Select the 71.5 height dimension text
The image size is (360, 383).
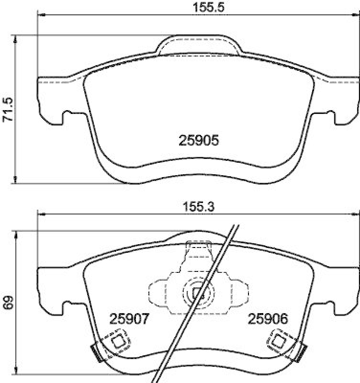point(8,110)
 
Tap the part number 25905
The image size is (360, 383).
point(199,140)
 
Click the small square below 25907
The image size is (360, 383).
point(118,341)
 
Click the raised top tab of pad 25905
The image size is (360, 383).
point(199,44)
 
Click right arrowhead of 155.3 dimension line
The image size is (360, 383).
point(357,214)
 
